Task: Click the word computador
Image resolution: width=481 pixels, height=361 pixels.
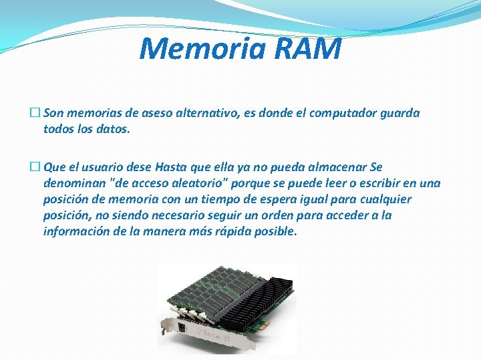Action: [331, 113]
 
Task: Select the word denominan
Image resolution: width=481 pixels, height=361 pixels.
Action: [71, 183]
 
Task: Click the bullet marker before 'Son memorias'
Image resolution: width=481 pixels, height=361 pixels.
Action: [35, 113]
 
